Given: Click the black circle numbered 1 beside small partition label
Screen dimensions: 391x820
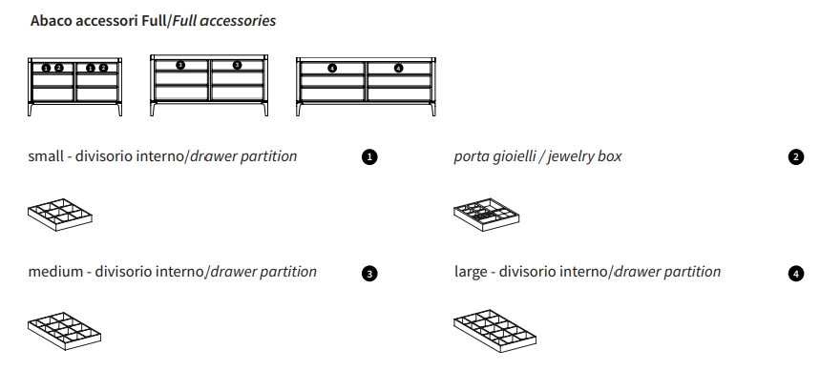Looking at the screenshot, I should click(x=370, y=157).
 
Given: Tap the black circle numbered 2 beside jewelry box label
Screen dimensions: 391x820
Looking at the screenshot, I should click(x=796, y=157).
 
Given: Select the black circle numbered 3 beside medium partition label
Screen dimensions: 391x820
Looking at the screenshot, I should click(x=370, y=274).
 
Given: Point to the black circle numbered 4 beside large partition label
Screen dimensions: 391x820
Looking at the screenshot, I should click(x=796, y=274).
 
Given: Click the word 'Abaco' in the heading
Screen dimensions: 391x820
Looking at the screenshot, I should click(x=50, y=21).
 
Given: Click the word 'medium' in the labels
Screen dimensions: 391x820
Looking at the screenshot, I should click(x=55, y=272).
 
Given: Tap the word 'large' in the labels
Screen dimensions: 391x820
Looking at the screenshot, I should click(x=472, y=272).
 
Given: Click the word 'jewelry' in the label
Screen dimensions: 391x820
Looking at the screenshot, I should click(x=570, y=156).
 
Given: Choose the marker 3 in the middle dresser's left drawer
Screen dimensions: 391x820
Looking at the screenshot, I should click(x=181, y=65).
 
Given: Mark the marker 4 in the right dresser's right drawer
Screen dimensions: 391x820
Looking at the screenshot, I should click(x=399, y=68).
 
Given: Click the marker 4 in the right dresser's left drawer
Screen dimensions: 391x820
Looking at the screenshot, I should click(x=331, y=68).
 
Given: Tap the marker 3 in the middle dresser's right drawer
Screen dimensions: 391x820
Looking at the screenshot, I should click(x=237, y=65).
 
